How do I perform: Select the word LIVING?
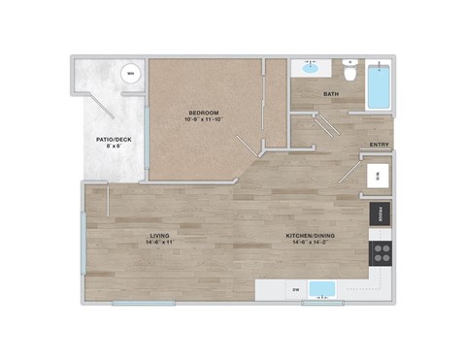[160, 236]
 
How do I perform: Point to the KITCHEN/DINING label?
[311, 236]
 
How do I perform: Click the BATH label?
[331, 94]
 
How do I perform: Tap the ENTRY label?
[380, 146]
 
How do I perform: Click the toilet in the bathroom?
[349, 69]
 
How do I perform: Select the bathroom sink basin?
[311, 68]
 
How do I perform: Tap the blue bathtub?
[379, 87]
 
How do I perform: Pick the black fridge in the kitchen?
[380, 213]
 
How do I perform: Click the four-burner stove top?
[381, 253]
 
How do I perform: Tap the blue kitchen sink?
[321, 288]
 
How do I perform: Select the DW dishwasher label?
[294, 289]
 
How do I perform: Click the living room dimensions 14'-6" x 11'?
[160, 244]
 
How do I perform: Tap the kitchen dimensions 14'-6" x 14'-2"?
[311, 244]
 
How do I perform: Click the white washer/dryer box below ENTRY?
[379, 177]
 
